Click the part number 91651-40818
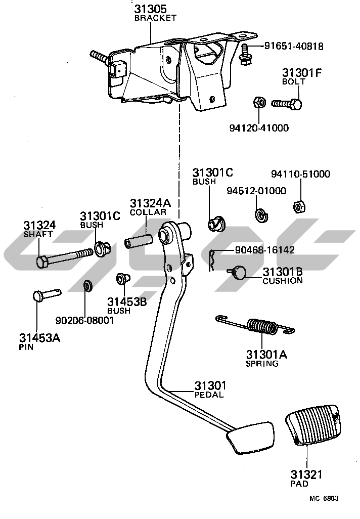(x=293, y=47)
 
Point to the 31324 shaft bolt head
(x=42, y=262)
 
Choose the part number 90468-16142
(x=264, y=250)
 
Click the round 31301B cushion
(x=238, y=273)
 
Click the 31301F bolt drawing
(x=287, y=104)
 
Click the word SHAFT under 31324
(x=37, y=234)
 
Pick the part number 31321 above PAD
(x=306, y=474)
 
